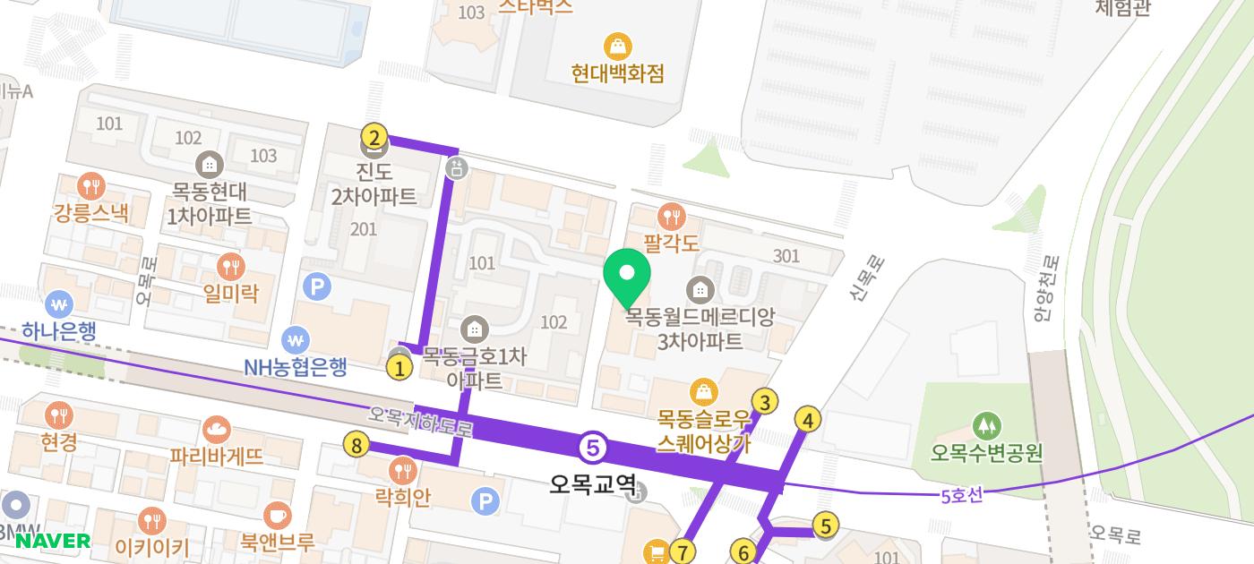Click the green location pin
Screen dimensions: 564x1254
[628, 276]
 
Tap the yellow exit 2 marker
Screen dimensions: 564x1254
[374, 137]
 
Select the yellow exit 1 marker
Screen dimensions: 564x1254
[399, 366]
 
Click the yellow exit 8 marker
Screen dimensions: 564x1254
[357, 444]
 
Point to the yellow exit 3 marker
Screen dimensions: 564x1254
[764, 402]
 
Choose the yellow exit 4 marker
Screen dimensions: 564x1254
[808, 419]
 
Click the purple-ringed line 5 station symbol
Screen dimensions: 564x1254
[592, 447]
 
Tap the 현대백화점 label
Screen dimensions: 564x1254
[618, 73]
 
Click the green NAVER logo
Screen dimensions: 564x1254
[52, 541]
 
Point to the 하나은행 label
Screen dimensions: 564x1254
[60, 331]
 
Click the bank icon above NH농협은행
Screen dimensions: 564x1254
[296, 340]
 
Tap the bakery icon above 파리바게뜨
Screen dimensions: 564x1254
[217, 430]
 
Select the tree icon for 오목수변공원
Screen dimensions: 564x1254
[986, 425]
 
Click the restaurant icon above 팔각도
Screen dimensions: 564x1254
[671, 216]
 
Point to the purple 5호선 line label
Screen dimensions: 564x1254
[962, 494]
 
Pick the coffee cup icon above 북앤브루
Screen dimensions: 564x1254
[277, 516]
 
